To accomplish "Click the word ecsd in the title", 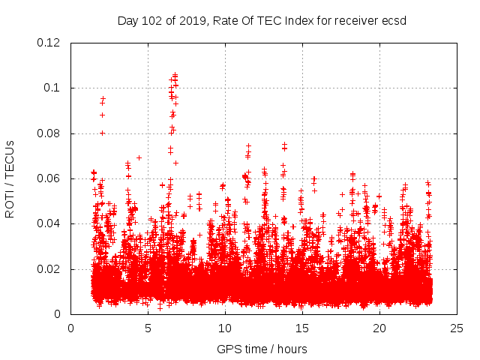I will pos(394,20).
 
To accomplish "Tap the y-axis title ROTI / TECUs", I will pos(10,178).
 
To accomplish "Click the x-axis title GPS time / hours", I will pos(262,349).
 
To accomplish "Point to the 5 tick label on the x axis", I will pos(148,328).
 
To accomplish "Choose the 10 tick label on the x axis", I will pos(225,328).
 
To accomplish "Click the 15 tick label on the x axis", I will pos(302,328).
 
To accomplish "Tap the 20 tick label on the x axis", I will pos(379,328).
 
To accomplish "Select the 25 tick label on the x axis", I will pos(457,328).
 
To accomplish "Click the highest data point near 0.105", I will pos(175,74).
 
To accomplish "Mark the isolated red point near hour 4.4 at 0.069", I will pos(139,157).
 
